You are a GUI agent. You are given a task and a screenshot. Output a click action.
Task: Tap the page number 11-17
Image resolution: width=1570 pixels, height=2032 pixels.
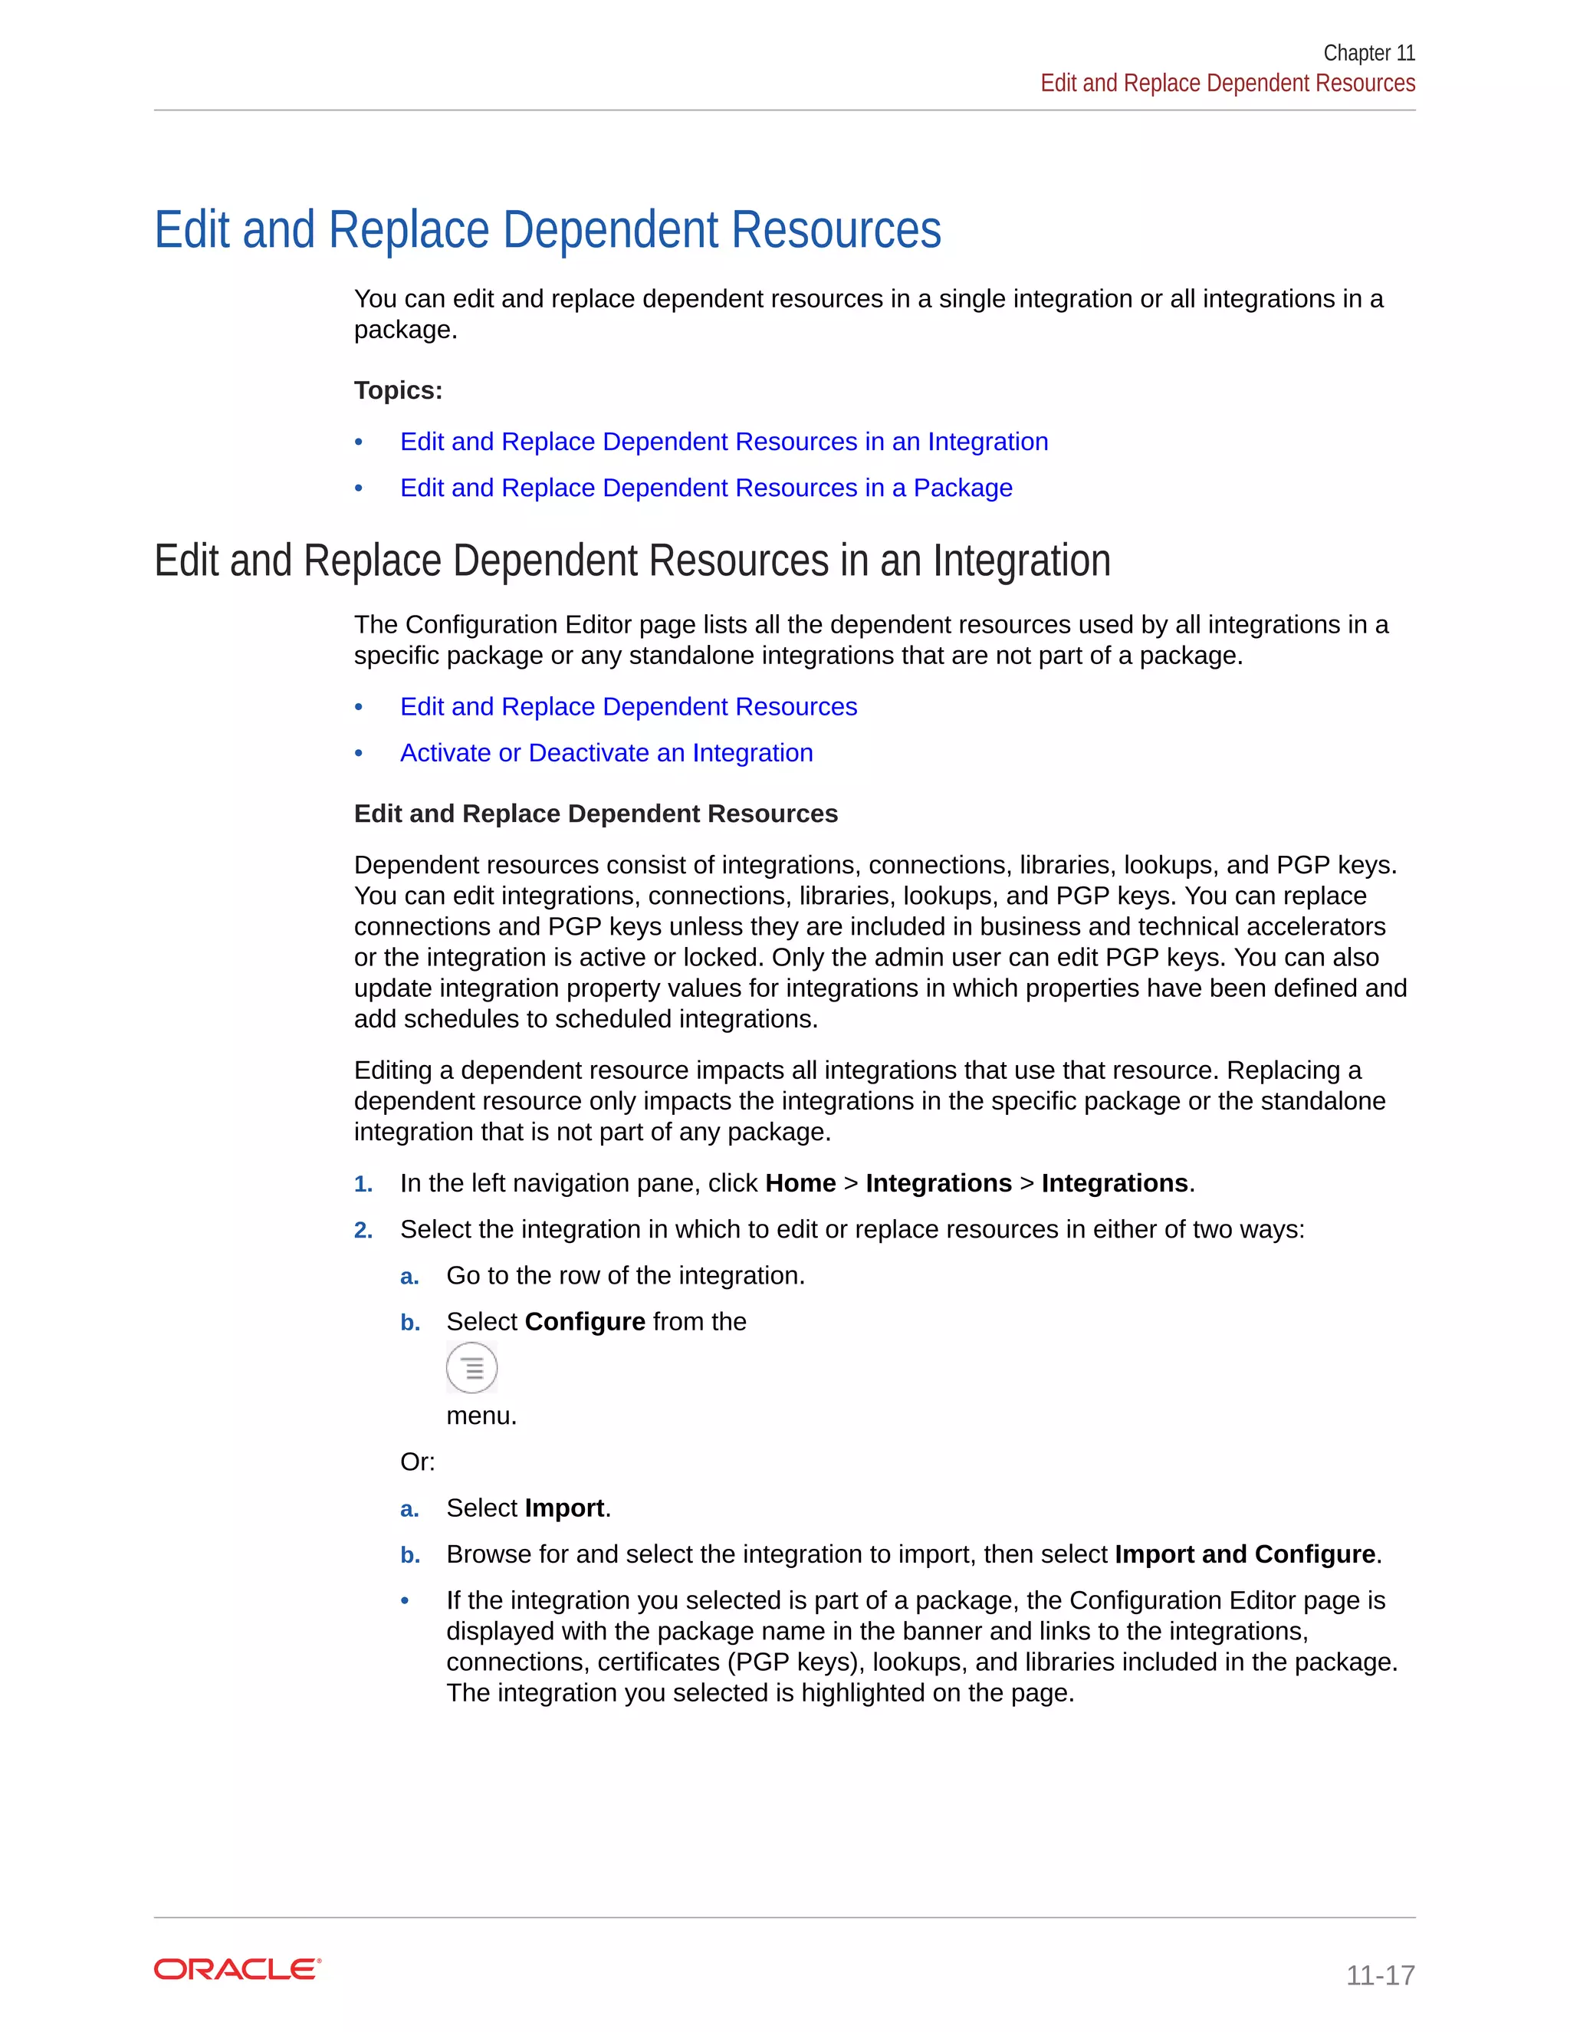1379,1974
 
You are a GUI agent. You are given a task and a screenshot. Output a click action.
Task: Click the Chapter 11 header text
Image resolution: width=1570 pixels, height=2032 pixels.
1368,53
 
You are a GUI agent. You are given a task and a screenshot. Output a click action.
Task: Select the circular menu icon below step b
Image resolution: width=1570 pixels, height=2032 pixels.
471,1368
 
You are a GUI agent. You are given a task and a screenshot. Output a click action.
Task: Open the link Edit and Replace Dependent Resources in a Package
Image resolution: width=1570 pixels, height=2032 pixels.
706,488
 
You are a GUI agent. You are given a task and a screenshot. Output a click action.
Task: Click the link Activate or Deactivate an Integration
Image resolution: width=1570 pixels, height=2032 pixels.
606,753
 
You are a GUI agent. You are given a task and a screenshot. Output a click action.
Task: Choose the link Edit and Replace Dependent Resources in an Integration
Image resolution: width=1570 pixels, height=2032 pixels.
724,441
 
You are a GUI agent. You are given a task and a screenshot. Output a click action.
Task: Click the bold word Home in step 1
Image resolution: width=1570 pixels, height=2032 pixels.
800,1182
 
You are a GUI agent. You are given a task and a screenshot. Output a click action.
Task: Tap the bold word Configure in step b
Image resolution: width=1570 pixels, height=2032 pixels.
584,1321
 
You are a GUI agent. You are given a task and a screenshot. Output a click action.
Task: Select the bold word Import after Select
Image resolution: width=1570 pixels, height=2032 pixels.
564,1508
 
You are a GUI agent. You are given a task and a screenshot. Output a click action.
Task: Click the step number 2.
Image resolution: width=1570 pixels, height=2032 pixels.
363,1230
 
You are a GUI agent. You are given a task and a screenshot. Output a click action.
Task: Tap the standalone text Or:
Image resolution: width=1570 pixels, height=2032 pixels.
418,1462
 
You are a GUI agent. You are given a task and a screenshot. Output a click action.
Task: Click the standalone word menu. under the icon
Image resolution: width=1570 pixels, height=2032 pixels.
481,1415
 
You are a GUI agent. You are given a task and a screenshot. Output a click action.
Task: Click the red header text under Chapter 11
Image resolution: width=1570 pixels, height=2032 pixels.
1227,83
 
